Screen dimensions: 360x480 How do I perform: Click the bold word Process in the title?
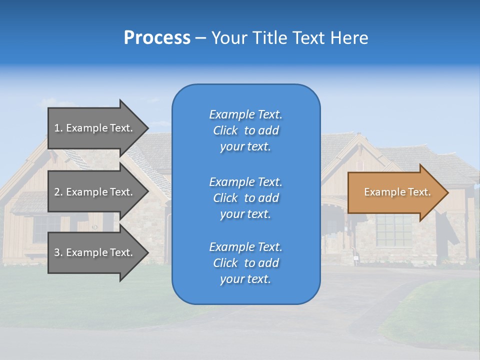[157, 38]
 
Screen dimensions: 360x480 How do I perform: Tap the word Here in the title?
[349, 38]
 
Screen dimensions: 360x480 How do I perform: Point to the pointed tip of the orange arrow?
[447, 192]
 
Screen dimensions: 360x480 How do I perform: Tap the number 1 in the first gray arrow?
[57, 128]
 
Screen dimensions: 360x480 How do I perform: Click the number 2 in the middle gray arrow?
[57, 192]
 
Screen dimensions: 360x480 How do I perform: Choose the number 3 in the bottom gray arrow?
[57, 252]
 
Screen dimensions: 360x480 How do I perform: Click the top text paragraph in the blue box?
[245, 130]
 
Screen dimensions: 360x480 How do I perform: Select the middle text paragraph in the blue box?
[245, 198]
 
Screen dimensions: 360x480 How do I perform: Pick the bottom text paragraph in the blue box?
[245, 263]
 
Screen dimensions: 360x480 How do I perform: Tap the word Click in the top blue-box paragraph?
[225, 130]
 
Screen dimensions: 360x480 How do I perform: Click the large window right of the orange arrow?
[394, 230]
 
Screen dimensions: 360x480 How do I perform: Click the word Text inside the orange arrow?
[419, 192]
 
